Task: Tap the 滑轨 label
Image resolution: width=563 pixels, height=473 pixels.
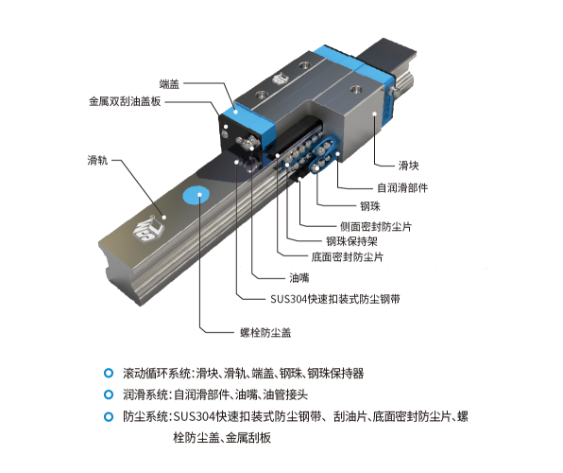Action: pyautogui.click(x=96, y=159)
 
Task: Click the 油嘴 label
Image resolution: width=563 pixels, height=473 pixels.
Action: pyautogui.click(x=298, y=278)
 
